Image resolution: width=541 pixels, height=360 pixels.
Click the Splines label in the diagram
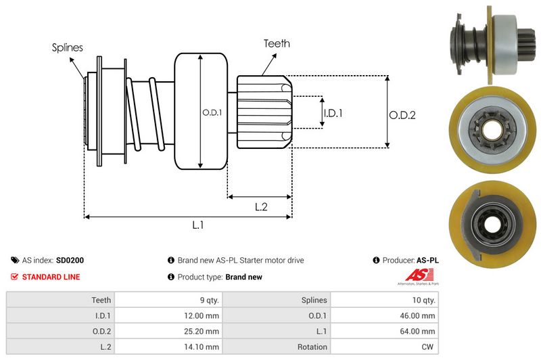(67, 47)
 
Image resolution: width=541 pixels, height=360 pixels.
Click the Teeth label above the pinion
(277, 43)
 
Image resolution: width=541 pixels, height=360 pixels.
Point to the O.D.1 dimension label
(212, 112)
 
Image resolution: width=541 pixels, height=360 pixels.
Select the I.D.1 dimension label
(333, 113)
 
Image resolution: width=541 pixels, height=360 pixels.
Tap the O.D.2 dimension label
(402, 115)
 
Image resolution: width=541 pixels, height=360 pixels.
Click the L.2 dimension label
(262, 207)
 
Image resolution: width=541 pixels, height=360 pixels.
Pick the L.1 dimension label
(198, 225)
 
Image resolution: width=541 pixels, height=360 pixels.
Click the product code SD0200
(70, 260)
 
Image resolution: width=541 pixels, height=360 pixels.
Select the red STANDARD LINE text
(51, 277)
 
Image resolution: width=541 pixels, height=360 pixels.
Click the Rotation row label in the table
(312, 346)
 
